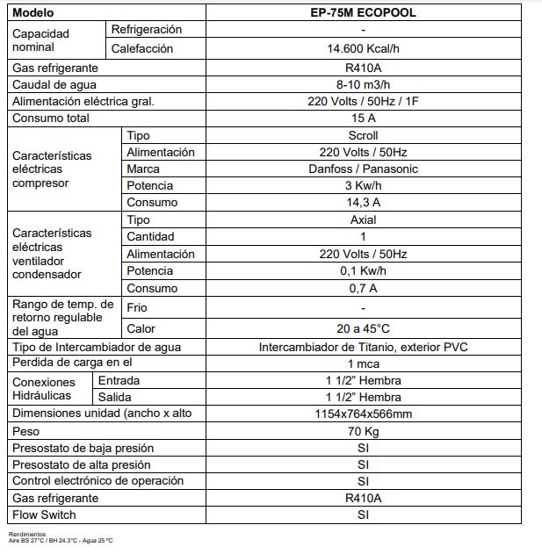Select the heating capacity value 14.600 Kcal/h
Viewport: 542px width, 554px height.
point(363,49)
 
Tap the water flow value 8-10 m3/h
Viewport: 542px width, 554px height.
point(363,84)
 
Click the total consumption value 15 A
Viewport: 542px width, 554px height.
point(363,118)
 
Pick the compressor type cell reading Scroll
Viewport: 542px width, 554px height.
point(363,135)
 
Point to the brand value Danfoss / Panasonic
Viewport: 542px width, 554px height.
point(363,169)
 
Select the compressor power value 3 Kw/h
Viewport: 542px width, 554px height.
point(363,185)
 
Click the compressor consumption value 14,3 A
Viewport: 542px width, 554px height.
point(363,202)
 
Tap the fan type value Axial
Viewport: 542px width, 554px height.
point(363,219)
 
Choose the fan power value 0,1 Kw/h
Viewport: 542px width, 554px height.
point(363,270)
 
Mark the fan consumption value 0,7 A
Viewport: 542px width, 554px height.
point(363,288)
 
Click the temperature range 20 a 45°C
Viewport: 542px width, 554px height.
point(363,328)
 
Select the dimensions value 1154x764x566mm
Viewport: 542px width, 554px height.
point(363,414)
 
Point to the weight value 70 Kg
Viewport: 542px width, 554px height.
point(363,432)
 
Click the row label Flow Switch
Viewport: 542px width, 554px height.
point(44,514)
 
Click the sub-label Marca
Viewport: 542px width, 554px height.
point(143,169)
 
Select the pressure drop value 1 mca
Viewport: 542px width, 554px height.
point(363,363)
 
